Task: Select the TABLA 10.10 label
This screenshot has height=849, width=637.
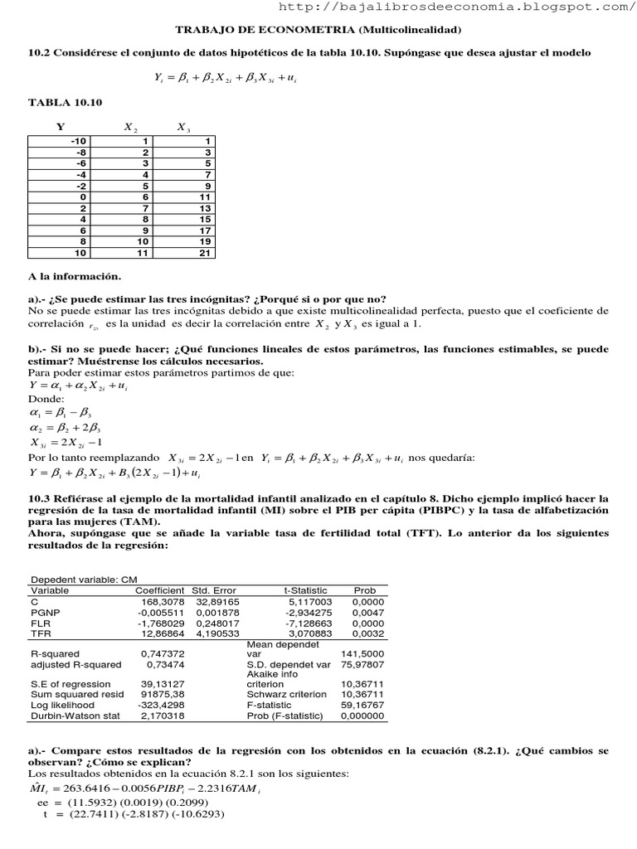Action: pyautogui.click(x=65, y=103)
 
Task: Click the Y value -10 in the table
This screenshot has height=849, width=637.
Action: pyautogui.click(x=80, y=142)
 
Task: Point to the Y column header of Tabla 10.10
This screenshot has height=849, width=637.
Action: pyautogui.click(x=60, y=127)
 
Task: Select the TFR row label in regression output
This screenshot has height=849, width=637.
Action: pyautogui.click(x=41, y=633)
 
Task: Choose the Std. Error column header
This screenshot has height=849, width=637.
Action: pyautogui.click(x=216, y=589)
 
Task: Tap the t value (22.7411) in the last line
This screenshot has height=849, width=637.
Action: pyautogui.click(x=94, y=813)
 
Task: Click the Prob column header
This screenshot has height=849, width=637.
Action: pyautogui.click(x=365, y=589)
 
